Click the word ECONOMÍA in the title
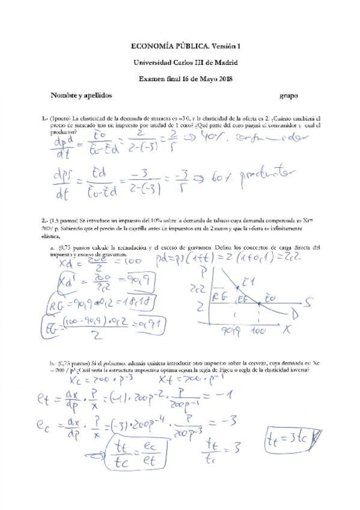tap(151, 46)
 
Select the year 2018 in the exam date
tap(222, 78)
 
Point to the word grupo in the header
tap(289, 96)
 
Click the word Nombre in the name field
tap(64, 96)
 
